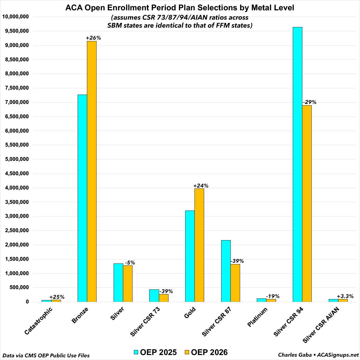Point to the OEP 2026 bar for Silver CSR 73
164,298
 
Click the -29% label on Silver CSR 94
309,102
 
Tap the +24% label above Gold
201,186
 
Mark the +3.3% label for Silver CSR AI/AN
345,296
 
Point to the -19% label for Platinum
272,296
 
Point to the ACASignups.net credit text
336,355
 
